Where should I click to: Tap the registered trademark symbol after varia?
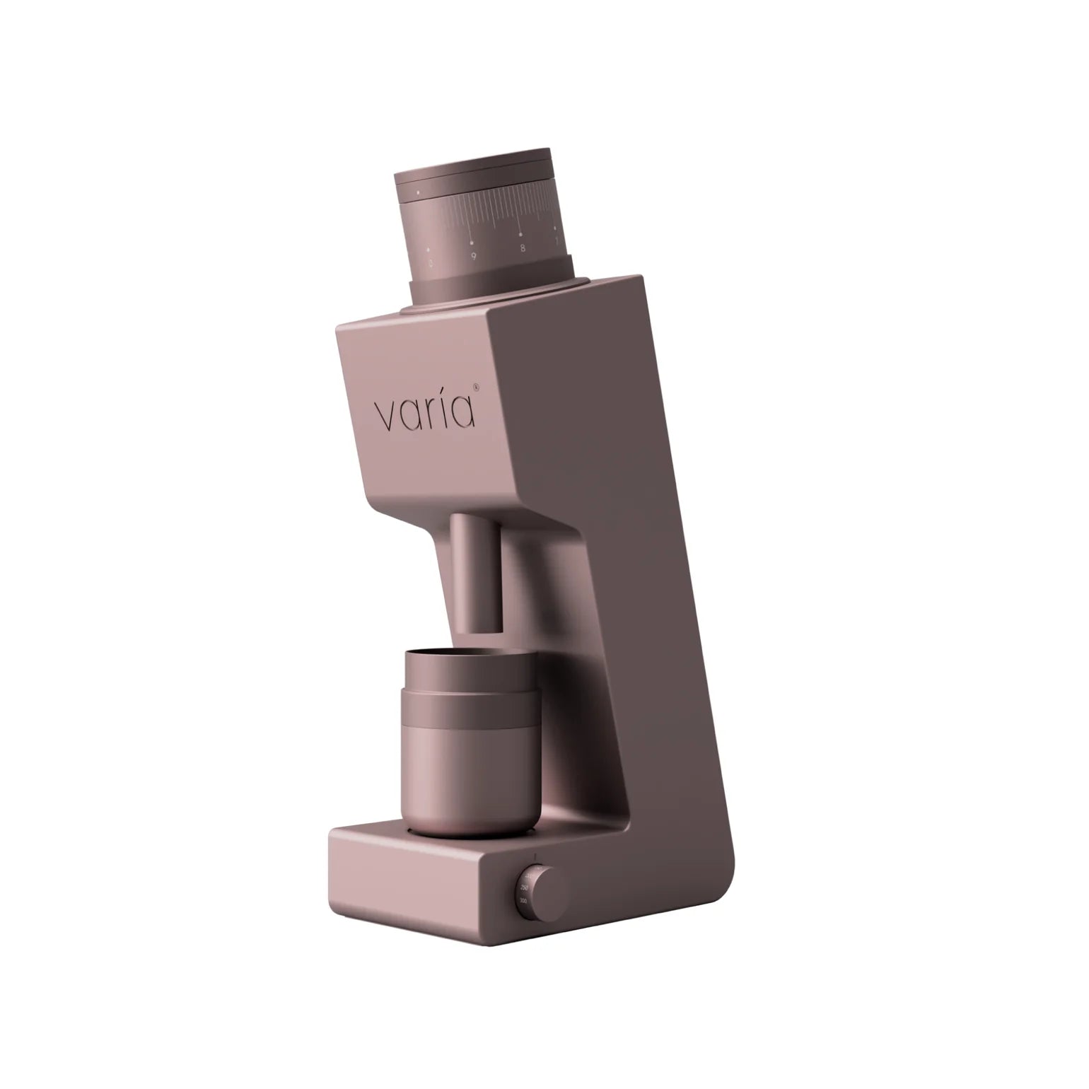(x=476, y=387)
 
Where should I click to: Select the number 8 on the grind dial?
(x=522, y=248)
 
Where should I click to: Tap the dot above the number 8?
(x=520, y=233)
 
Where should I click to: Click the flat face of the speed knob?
(x=544, y=893)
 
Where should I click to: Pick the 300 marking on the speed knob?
(x=523, y=901)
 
